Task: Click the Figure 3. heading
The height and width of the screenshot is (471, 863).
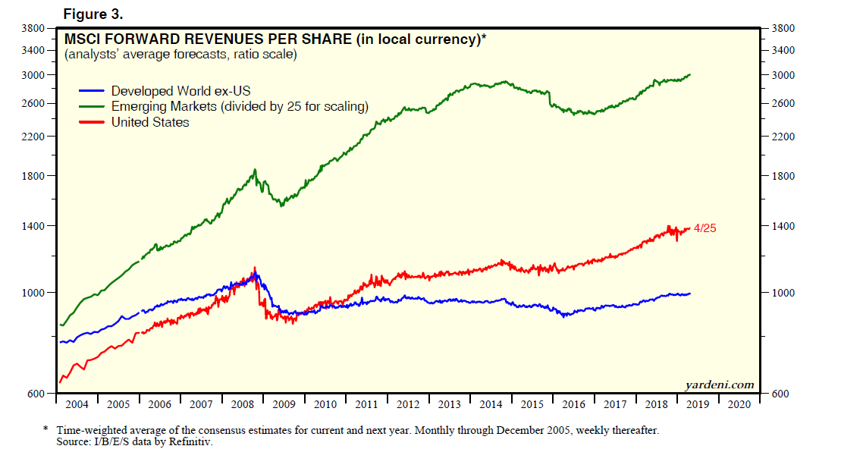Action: [93, 14]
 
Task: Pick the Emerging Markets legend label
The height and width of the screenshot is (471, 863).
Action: [240, 107]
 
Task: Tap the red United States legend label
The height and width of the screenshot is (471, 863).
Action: [150, 122]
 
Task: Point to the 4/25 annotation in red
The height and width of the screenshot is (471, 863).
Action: [705, 228]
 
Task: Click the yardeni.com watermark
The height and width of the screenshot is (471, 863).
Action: [720, 385]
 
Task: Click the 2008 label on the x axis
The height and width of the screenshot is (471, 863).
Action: [243, 404]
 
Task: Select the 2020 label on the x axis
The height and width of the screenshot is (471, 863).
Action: [739, 404]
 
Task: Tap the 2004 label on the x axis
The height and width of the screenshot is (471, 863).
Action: [77, 404]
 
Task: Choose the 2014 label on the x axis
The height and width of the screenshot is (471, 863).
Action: [491, 404]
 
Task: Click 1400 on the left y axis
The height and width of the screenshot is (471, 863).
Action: [35, 226]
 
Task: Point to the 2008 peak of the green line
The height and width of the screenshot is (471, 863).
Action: [255, 170]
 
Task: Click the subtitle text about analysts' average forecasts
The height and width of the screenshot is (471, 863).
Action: [180, 55]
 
